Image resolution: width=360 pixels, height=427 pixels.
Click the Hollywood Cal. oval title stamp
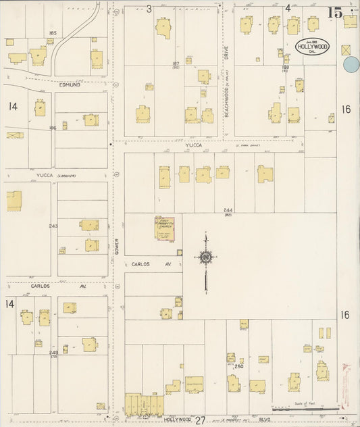pos(313,48)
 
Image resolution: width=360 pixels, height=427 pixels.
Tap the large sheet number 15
pos(334,11)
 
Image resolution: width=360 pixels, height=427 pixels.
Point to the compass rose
pos(205,257)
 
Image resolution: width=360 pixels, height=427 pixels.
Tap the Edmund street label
pos(69,84)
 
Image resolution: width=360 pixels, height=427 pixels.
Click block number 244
pos(228,211)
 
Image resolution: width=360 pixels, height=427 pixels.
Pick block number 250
pos(238,366)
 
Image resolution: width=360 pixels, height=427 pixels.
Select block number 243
pos(53,226)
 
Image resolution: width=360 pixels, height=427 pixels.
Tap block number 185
pos(52,32)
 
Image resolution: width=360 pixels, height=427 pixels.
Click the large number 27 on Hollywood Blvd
pos(200,420)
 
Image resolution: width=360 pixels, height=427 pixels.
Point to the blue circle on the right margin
pos(351,65)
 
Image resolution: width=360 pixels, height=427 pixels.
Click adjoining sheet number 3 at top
pos(149,9)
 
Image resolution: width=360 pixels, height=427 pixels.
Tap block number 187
pos(175,64)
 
